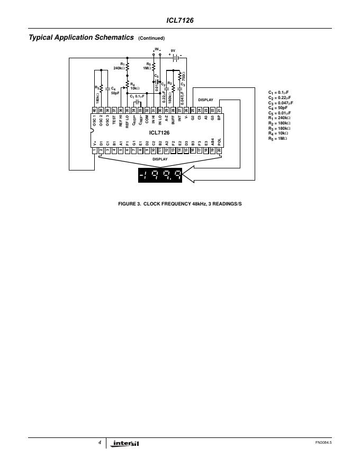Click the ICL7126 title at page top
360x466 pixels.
tap(179, 21)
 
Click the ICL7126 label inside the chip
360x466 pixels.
tap(159, 133)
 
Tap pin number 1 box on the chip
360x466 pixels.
tap(94, 150)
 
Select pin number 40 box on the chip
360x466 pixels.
tap(94, 110)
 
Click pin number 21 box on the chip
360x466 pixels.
tap(219, 110)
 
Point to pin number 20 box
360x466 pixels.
tap(219, 150)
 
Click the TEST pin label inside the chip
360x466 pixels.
tap(114, 122)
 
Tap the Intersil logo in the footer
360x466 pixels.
tap(126, 443)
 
